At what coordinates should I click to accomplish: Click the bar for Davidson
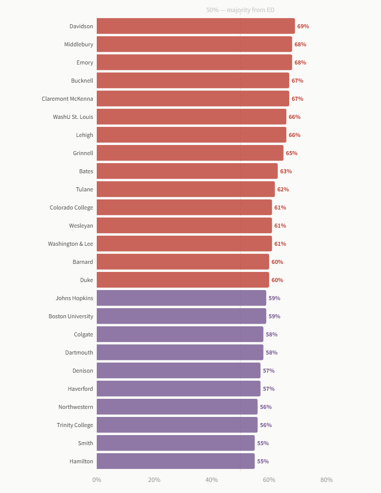[x=196, y=26]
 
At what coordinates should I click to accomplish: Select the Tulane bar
[x=185, y=189]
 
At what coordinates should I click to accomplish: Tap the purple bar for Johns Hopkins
[x=181, y=298]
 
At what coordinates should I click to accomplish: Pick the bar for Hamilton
[x=175, y=461]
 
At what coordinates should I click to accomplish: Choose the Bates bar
[x=187, y=171]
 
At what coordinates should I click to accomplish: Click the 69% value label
[x=303, y=26]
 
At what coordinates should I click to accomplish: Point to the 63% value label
[x=286, y=171]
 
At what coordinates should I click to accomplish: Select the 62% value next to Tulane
[x=283, y=189]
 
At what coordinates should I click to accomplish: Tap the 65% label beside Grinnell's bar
[x=292, y=154]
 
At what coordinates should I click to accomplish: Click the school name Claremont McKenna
[x=68, y=99]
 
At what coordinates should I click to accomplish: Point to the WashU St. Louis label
[x=73, y=117]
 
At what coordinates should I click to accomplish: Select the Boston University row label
[x=71, y=316]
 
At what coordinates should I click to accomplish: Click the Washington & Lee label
[x=71, y=244]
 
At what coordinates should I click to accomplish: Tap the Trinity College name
[x=75, y=425]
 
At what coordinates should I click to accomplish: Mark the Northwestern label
[x=76, y=407]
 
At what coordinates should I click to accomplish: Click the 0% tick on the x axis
[x=97, y=480]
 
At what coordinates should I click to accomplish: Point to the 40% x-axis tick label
[x=212, y=480]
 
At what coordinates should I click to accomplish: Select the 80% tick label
[x=327, y=480]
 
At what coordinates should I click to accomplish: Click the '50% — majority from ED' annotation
[x=240, y=10]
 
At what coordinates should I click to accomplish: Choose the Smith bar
[x=175, y=443]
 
